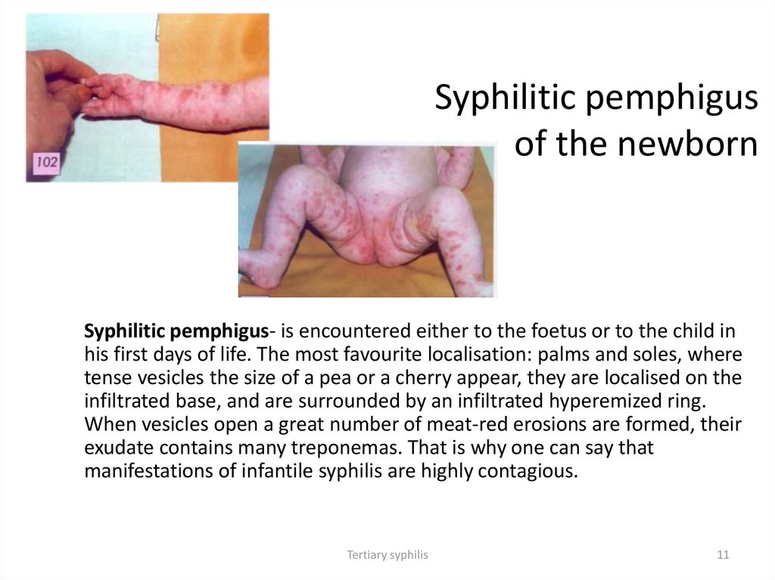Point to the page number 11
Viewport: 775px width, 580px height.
722,554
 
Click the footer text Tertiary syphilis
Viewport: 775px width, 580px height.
387,554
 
